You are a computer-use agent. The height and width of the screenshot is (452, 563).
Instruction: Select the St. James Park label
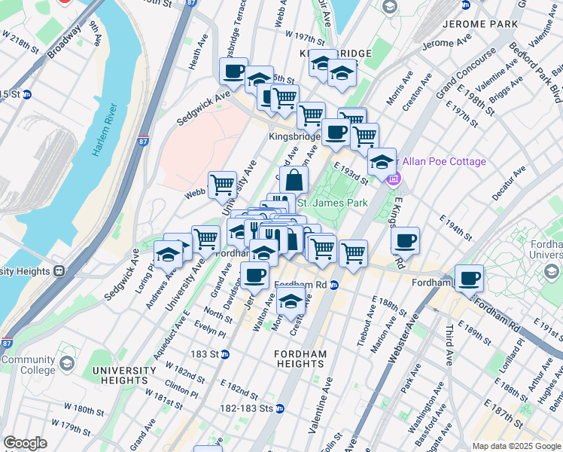pyautogui.click(x=332, y=203)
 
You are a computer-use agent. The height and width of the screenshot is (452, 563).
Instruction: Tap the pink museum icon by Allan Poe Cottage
pyautogui.click(x=393, y=179)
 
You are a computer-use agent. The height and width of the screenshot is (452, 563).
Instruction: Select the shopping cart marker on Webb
pyautogui.click(x=222, y=184)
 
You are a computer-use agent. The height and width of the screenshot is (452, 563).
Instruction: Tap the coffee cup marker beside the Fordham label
pyautogui.click(x=470, y=278)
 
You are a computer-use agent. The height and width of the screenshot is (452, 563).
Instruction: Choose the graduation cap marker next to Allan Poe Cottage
pyautogui.click(x=382, y=161)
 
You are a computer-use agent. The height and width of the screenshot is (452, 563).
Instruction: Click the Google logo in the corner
pyautogui.click(x=26, y=443)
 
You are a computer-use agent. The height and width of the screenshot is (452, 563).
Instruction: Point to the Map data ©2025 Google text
pyautogui.click(x=516, y=446)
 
